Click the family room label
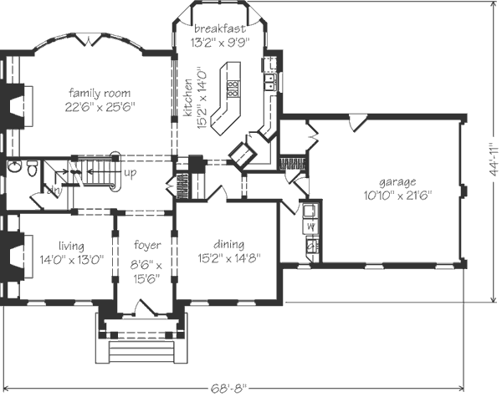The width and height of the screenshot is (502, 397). pyautogui.click(x=100, y=93)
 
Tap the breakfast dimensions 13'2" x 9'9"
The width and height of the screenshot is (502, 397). pyautogui.click(x=220, y=43)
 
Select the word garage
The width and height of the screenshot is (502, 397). pyautogui.click(x=397, y=182)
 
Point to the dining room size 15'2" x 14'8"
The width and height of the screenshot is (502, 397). pyautogui.click(x=229, y=258)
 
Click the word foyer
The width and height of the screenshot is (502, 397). pyautogui.click(x=147, y=245)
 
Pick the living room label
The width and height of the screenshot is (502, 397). pyautogui.click(x=71, y=246)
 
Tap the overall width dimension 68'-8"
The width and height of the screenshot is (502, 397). pyautogui.click(x=229, y=389)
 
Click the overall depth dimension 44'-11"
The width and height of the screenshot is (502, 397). pyautogui.click(x=494, y=159)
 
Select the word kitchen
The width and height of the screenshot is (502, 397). pyautogui.click(x=187, y=98)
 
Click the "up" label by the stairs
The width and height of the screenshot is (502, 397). pyautogui.click(x=130, y=173)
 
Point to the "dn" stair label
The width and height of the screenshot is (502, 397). pyautogui.click(x=54, y=190)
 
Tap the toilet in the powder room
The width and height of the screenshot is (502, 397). pyautogui.click(x=32, y=168)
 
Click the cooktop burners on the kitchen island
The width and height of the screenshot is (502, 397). pyautogui.click(x=233, y=89)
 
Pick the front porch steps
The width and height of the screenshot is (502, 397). pyautogui.click(x=141, y=352)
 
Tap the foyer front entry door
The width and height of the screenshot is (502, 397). pyautogui.click(x=146, y=308)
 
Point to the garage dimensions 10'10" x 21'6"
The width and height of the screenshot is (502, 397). pyautogui.click(x=397, y=195)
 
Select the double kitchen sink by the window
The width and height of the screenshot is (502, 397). pyautogui.click(x=270, y=82)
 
